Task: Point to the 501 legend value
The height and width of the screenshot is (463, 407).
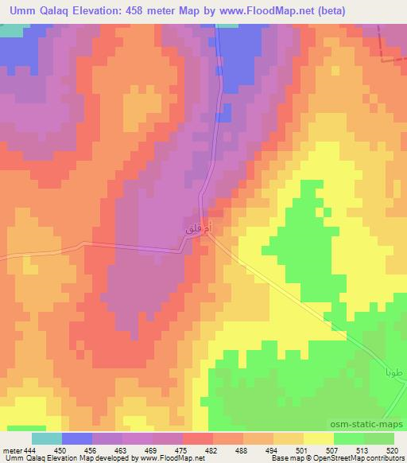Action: (x=303, y=450)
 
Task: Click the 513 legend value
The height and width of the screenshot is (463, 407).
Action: (x=363, y=450)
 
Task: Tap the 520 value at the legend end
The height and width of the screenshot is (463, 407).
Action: (x=391, y=450)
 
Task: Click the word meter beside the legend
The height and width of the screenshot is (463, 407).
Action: (x=10, y=450)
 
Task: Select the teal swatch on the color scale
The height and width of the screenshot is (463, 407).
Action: (x=47, y=438)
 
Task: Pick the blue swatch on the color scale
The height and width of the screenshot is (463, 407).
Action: (x=77, y=438)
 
